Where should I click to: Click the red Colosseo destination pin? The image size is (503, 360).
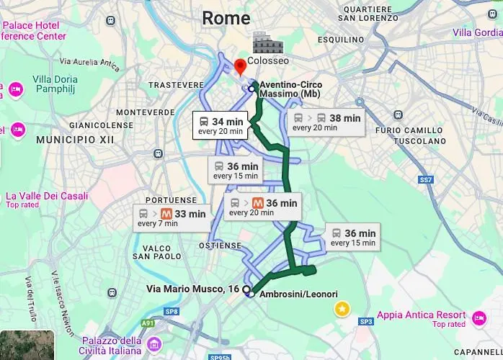[241, 66]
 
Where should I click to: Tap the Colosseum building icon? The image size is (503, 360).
[267, 43]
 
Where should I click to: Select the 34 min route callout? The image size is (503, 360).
[221, 125]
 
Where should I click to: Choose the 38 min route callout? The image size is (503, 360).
[326, 122]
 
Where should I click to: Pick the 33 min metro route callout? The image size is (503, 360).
[172, 217]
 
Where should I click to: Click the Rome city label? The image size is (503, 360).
[226, 18]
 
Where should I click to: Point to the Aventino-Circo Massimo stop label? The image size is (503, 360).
[290, 89]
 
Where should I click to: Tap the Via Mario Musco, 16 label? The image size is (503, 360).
[192, 289]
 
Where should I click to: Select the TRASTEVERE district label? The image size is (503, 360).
[176, 85]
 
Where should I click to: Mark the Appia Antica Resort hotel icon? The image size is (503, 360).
[480, 317]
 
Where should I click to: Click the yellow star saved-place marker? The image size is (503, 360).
[342, 309]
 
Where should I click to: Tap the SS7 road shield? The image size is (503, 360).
[426, 179]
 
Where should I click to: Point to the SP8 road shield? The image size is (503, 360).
[171, 312]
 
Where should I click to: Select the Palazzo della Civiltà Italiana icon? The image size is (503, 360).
[153, 345]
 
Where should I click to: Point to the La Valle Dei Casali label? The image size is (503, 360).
[47, 196]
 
